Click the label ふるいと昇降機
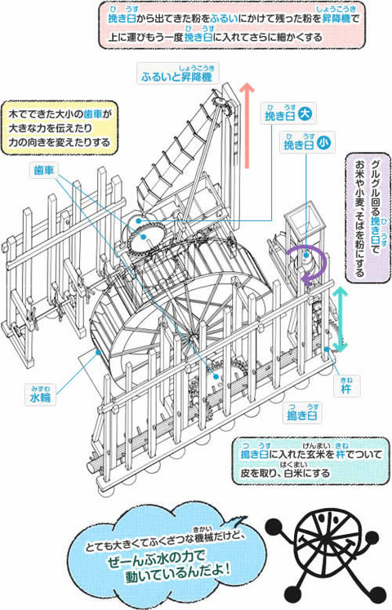tap(176, 76)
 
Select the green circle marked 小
tap(324, 143)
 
